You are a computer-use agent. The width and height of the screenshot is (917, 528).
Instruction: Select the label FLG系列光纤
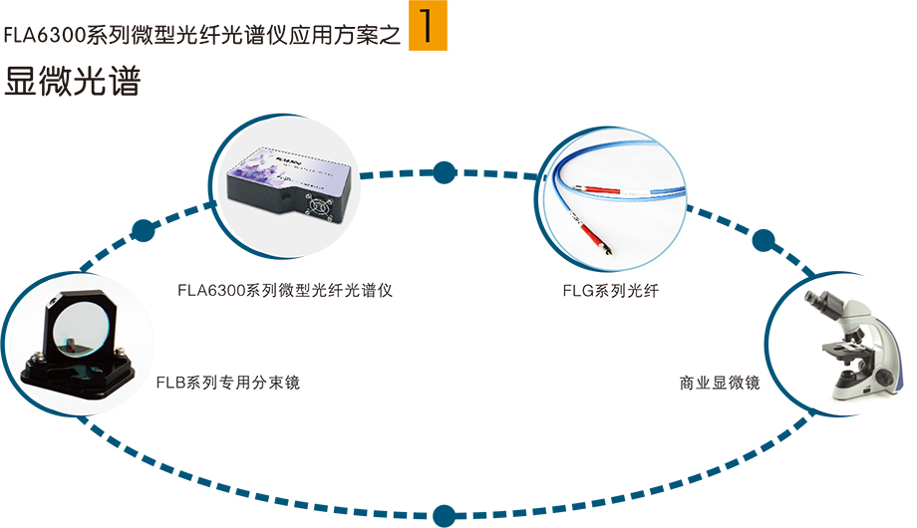tap(611, 292)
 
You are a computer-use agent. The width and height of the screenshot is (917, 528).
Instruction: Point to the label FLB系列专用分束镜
tap(228, 382)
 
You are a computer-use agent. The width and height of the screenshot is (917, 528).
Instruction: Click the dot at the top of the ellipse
tap(445, 170)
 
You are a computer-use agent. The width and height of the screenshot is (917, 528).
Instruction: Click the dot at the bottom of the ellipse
tap(444, 515)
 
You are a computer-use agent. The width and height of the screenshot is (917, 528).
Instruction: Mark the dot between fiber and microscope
tap(764, 240)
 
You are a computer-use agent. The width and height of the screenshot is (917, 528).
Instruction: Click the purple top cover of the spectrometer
tap(289, 164)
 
